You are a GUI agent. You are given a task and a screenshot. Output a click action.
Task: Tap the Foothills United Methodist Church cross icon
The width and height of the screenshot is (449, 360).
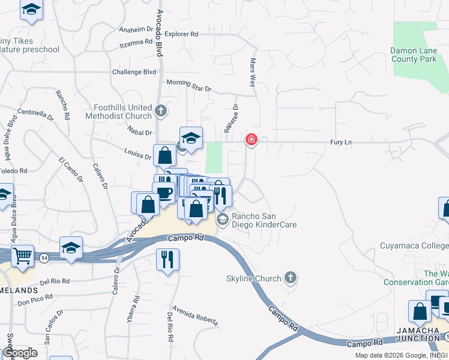[x=160, y=110]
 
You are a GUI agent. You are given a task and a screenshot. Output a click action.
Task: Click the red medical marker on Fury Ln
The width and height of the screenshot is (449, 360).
[x=251, y=140]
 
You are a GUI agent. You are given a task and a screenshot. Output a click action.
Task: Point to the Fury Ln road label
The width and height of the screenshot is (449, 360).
[x=340, y=142]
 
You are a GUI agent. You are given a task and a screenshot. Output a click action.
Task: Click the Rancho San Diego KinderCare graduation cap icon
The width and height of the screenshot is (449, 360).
[x=223, y=220]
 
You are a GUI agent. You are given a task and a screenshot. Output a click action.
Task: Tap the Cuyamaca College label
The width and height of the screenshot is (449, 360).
[x=414, y=245]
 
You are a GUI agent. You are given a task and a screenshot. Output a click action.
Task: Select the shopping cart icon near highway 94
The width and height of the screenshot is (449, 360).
[x=22, y=256]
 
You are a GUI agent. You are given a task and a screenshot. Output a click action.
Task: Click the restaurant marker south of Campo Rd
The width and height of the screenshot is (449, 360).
[x=167, y=259]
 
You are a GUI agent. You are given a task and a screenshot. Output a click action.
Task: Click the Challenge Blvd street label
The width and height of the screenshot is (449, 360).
[x=134, y=72]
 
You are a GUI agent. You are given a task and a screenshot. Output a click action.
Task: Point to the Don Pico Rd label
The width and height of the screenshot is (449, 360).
[x=35, y=304]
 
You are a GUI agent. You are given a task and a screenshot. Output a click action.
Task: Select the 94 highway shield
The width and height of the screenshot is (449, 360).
[x=45, y=257]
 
